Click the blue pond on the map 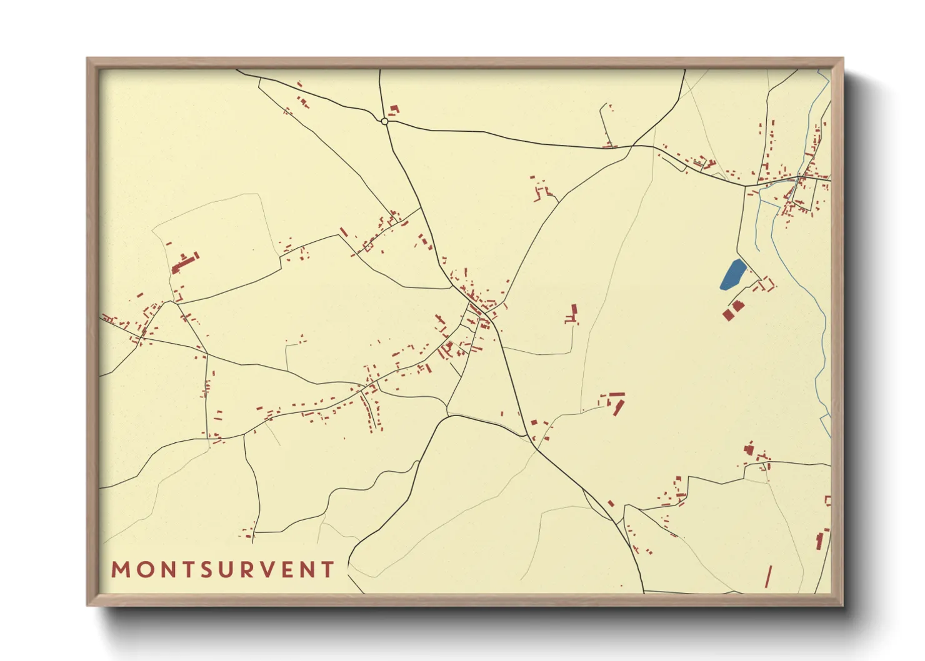732,275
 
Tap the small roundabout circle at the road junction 384,121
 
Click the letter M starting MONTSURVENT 121,570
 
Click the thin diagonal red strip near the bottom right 768,576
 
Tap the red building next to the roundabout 394,111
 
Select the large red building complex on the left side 184,262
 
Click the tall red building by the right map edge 820,540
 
